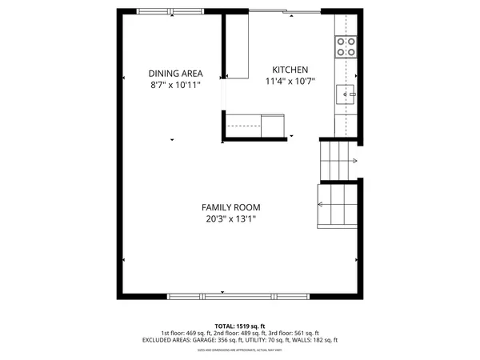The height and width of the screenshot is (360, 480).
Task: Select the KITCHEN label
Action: tap(290, 70)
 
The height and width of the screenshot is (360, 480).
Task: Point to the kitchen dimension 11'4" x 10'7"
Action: tap(290, 81)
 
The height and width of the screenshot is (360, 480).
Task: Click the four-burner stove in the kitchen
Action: tap(346, 47)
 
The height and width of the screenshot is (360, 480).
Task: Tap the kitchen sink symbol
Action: tap(347, 94)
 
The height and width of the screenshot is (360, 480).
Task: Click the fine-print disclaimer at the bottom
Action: tap(239, 350)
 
